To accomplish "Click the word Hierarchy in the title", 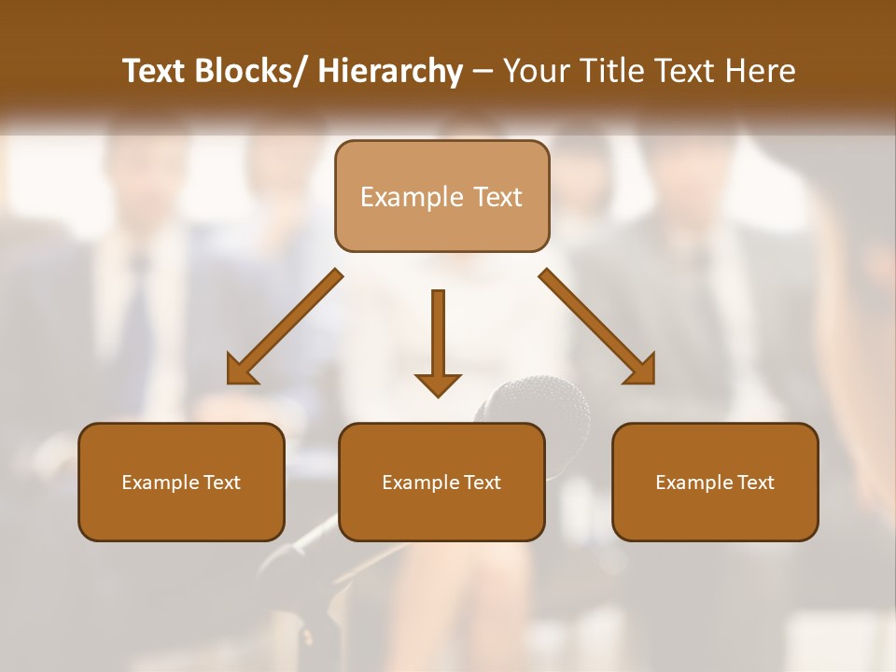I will (x=390, y=71).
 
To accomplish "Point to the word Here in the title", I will (x=760, y=71).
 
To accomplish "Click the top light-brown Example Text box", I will (x=441, y=196).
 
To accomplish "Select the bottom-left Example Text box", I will (x=181, y=483).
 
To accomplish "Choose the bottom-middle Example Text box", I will (x=441, y=483).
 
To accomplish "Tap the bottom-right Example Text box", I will (x=715, y=483).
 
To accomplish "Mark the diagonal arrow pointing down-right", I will (x=597, y=327).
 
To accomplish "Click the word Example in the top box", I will (x=412, y=197).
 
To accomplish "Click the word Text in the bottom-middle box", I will (x=483, y=483).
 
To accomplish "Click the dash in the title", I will (x=483, y=72).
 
